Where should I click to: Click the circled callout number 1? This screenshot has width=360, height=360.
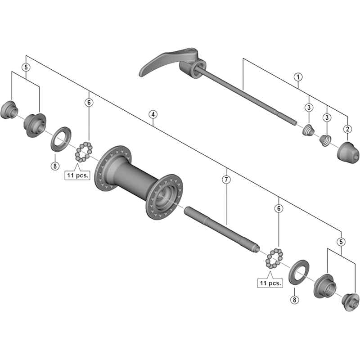point(297,76)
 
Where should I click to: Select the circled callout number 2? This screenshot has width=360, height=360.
point(347,129)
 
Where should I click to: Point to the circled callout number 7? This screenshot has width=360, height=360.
point(226,180)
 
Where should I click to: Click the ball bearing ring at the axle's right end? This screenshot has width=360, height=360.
point(274,260)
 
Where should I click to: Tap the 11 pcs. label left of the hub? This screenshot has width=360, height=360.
point(76,175)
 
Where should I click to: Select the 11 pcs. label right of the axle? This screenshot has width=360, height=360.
point(270,283)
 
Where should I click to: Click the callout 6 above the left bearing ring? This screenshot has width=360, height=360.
point(89,103)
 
